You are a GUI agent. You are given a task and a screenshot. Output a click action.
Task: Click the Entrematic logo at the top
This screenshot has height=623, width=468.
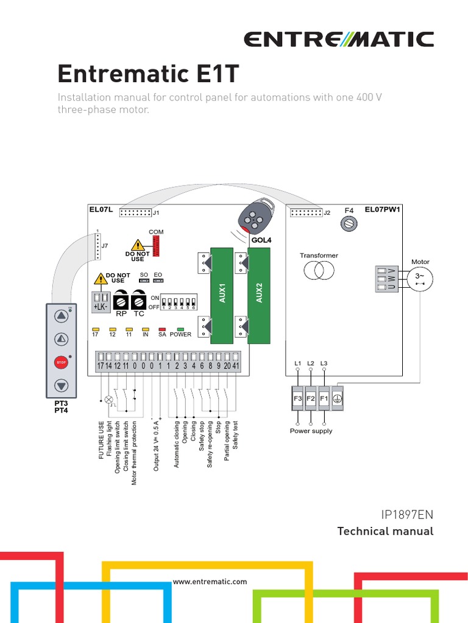[x=339, y=40]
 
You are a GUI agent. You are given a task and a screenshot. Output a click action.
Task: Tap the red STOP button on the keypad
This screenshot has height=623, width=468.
[x=61, y=363]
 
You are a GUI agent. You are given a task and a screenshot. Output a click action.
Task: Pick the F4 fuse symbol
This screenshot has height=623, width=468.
[x=349, y=224]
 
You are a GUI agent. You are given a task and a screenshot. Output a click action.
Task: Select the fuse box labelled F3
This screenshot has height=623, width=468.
[x=298, y=399]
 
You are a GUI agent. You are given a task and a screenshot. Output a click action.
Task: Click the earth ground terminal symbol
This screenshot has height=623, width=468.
[x=336, y=399]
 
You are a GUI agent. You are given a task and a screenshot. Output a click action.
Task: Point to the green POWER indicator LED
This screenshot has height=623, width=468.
[x=180, y=329]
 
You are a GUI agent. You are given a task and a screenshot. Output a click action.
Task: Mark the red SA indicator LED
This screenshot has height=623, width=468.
[x=162, y=329]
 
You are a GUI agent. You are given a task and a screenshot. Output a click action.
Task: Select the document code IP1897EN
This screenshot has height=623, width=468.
[x=407, y=515]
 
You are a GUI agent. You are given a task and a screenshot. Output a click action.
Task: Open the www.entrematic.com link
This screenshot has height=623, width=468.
[x=210, y=582]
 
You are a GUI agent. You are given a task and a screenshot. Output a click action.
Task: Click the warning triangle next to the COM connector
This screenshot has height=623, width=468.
[x=140, y=245]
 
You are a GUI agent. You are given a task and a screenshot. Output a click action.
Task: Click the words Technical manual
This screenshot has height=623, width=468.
[x=385, y=531]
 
